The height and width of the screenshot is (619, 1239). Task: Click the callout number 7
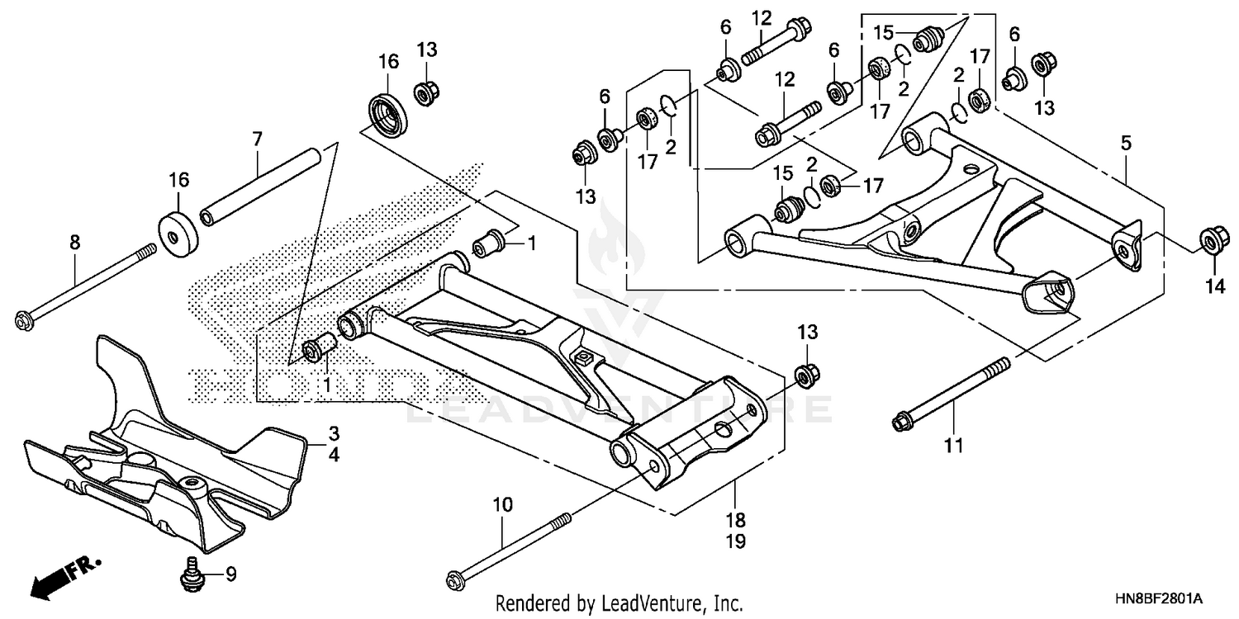tap(257, 139)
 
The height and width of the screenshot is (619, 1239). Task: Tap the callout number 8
tap(74, 242)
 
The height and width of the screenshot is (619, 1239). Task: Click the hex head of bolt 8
tap(23, 318)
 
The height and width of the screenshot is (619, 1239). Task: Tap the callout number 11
tap(954, 447)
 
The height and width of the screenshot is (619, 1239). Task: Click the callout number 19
tap(736, 541)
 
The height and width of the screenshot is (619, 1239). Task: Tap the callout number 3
tap(334, 433)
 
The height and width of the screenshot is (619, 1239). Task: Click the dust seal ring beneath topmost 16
tap(387, 113)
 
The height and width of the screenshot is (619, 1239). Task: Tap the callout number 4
tap(334, 454)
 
